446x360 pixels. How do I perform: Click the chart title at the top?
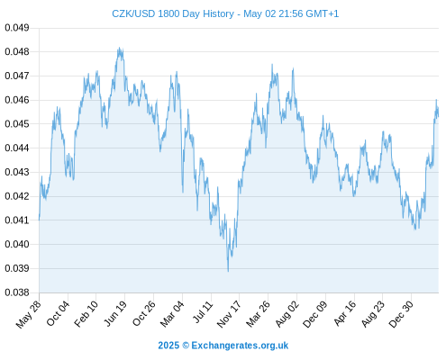pyautogui.click(x=225, y=13)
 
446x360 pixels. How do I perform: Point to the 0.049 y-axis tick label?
pyautogui.click(x=17, y=28)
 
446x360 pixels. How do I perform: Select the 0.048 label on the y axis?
pyautogui.click(x=17, y=52)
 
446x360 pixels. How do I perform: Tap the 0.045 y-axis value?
pyautogui.click(x=17, y=124)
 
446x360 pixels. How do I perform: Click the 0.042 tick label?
pyautogui.click(x=17, y=196)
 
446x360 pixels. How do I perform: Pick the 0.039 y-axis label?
pyautogui.click(x=17, y=268)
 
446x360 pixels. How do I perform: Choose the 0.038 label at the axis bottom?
pyautogui.click(x=17, y=292)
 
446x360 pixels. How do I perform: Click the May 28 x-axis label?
pyautogui.click(x=29, y=314)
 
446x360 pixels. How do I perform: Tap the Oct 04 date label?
pyautogui.click(x=58, y=313)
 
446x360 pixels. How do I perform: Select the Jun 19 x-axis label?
pyautogui.click(x=115, y=313)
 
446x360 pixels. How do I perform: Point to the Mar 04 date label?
pyautogui.click(x=172, y=313)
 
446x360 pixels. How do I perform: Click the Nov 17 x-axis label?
pyautogui.click(x=229, y=314)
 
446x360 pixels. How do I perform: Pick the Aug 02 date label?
pyautogui.click(x=287, y=313)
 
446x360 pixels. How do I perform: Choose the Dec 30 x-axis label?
pyautogui.click(x=401, y=314)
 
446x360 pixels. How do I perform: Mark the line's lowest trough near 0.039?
pyautogui.click(x=228, y=271)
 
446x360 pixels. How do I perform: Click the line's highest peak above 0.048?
pyautogui.click(x=120, y=48)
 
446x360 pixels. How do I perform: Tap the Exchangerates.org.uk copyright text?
pyautogui.click(x=223, y=346)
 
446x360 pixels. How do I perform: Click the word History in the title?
pyautogui.click(x=219, y=13)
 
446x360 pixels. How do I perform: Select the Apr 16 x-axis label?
pyautogui.click(x=345, y=313)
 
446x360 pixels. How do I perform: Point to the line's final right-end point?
pyautogui.click(x=439, y=116)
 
